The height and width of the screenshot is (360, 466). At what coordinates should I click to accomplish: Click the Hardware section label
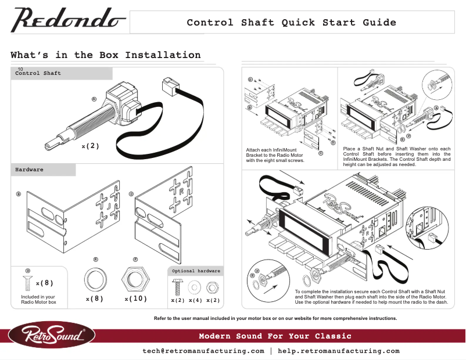click(x=29, y=170)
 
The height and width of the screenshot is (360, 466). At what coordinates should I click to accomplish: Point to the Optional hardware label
click(x=195, y=271)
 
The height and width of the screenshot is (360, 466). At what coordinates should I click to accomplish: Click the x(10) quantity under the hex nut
click(x=135, y=298)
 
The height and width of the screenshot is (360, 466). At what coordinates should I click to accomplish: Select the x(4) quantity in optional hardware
click(x=195, y=300)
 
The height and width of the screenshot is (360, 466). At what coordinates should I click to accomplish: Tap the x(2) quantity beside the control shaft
click(x=90, y=146)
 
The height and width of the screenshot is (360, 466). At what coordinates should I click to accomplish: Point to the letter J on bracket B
click(x=108, y=206)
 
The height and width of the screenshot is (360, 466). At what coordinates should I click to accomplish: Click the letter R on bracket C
click(x=181, y=191)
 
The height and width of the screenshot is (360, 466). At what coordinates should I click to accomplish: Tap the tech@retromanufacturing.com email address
click(x=203, y=351)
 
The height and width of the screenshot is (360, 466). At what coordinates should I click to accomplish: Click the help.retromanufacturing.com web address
click(x=339, y=351)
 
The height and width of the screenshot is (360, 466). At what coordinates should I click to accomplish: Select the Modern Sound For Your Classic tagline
click(x=275, y=336)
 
